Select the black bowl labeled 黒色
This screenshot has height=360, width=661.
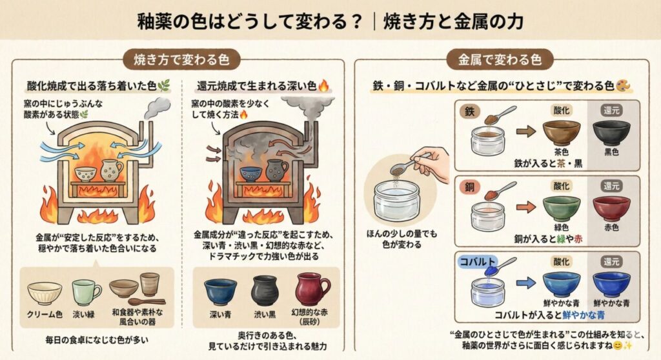coord(611,132)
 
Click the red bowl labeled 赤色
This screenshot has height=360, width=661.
coord(611,208)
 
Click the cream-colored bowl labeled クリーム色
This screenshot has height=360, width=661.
coord(45,292)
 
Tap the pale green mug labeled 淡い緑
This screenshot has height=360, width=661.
coord(85,292)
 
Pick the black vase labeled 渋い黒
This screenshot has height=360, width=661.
coord(264,290)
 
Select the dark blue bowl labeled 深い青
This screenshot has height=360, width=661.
coord(220,291)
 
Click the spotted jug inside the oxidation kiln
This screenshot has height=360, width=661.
coord(112,170)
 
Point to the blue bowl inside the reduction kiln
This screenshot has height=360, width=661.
coord(250,174)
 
